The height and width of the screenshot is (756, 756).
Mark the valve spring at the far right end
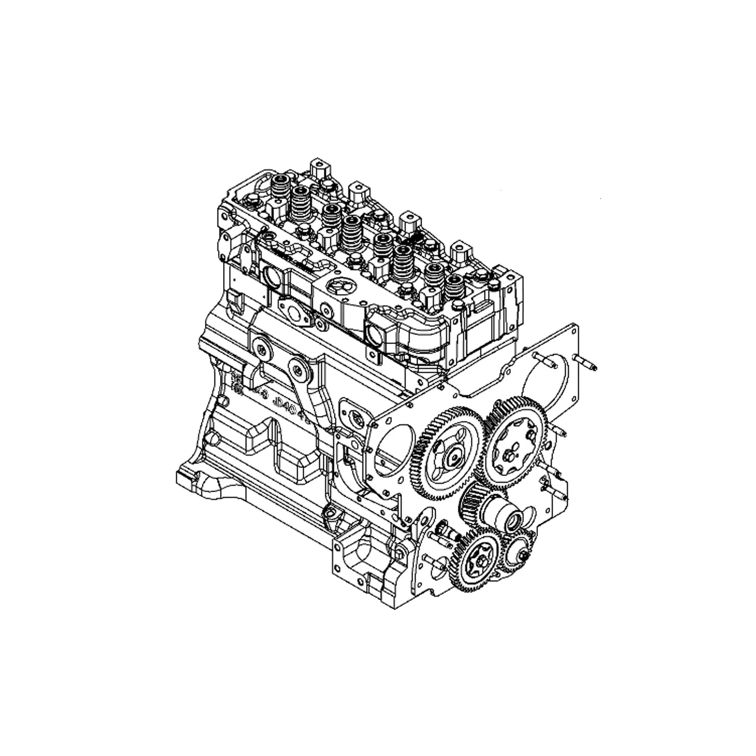[454, 288]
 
